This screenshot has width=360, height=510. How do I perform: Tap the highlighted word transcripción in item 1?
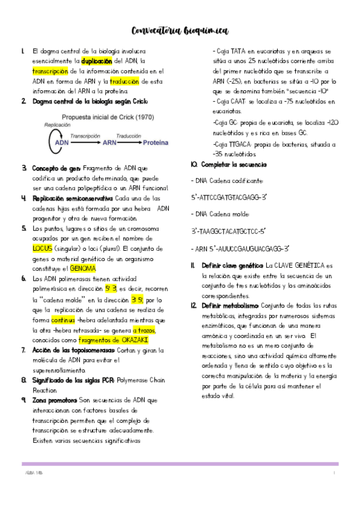coord(51,71)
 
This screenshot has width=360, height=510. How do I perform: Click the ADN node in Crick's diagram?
coord(61,144)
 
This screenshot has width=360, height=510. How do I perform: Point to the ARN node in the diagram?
coord(109,144)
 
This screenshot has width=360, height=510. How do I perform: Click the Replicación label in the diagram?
coord(58,124)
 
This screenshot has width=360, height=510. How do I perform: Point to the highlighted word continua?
coord(63,319)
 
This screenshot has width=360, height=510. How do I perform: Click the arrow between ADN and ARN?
coord(85,144)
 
